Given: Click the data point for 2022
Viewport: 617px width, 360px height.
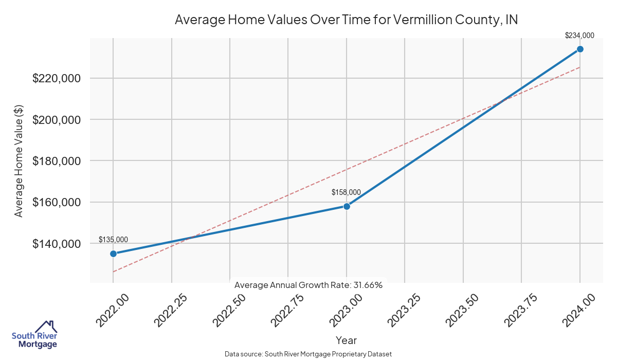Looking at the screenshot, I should [113, 254].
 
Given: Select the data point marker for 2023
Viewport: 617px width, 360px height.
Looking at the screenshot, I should [347, 206].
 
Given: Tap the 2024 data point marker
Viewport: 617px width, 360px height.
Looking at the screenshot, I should [580, 49].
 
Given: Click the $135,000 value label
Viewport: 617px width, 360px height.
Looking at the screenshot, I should [113, 240].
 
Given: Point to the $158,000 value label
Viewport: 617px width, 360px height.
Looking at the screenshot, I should [346, 192].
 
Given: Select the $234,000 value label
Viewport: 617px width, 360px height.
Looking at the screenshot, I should [579, 35].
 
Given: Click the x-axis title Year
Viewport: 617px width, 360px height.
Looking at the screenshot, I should [346, 340].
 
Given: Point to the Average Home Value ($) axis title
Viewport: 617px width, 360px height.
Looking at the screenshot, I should [19, 160].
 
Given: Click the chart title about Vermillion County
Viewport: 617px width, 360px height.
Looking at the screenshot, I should [346, 20].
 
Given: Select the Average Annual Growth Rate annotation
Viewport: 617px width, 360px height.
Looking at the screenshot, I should [308, 285].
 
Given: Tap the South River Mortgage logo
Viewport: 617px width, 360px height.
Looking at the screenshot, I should [34, 335].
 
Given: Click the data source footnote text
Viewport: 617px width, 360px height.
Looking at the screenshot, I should [308, 354].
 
